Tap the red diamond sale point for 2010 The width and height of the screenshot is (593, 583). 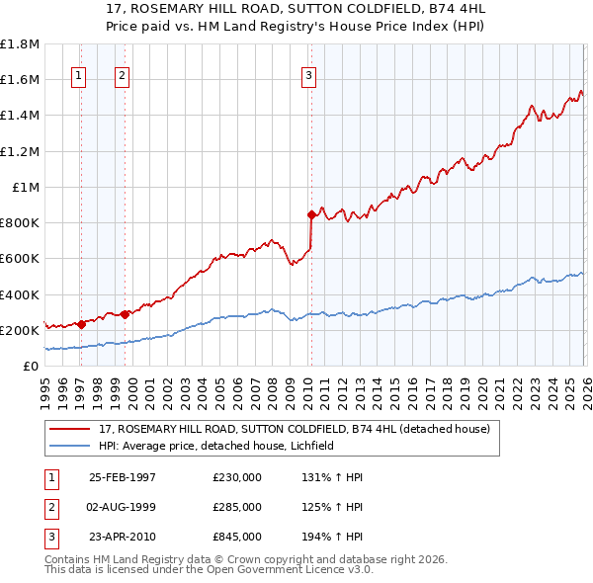tap(311, 213)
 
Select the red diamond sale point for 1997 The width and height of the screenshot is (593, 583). tap(80, 324)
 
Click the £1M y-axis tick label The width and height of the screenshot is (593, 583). tap(26, 187)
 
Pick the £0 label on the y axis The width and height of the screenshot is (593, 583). tap(31, 366)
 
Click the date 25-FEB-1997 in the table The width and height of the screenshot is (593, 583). tap(123, 477)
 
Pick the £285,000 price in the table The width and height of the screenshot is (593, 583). tap(237, 507)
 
